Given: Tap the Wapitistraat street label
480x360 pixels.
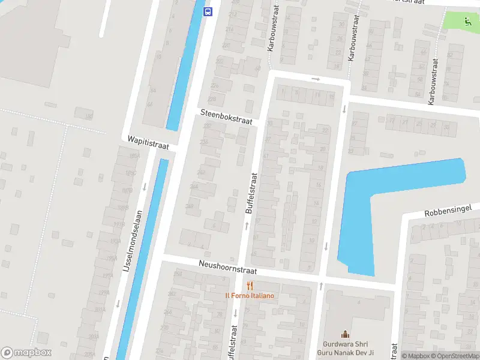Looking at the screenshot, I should pyautogui.click(x=148, y=143).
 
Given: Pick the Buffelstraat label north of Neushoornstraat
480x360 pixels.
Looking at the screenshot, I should pyautogui.click(x=251, y=193).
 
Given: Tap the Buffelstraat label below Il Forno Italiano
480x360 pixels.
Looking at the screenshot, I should pyautogui.click(x=232, y=342).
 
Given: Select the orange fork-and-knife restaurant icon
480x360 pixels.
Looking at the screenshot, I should pyautogui.click(x=250, y=286).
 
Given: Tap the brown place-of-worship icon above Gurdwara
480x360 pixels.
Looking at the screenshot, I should pyautogui.click(x=345, y=334).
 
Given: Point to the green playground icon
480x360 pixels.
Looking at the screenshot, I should pyautogui.click(x=467, y=22).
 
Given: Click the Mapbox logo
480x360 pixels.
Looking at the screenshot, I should pyautogui.click(x=26, y=353).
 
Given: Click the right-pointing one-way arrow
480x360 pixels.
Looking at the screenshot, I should pyautogui.click(x=316, y=79).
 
